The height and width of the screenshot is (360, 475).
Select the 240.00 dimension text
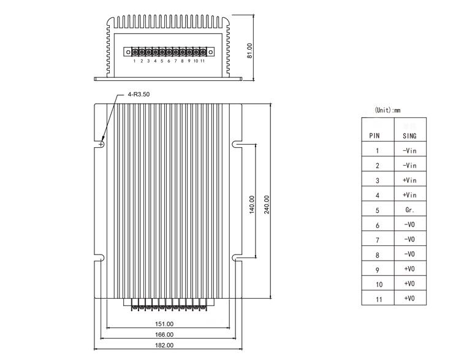click(266, 204)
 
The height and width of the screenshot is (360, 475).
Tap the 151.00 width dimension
click(164, 323)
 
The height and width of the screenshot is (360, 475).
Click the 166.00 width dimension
click(164, 334)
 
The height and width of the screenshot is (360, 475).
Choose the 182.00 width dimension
click(164, 346)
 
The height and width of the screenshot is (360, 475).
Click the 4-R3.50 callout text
click(139, 96)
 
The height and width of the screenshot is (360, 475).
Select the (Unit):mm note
click(387, 111)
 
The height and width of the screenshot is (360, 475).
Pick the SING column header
click(409, 136)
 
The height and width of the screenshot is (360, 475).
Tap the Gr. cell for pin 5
click(409, 210)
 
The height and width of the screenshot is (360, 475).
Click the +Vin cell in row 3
click(409, 180)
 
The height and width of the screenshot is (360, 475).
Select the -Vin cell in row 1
click(409, 150)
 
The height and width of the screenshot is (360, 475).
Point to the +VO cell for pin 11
click(409, 298)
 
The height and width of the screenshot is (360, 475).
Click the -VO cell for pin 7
click(409, 240)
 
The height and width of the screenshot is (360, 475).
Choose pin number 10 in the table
click(378, 284)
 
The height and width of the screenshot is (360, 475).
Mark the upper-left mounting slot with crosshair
click(101, 145)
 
